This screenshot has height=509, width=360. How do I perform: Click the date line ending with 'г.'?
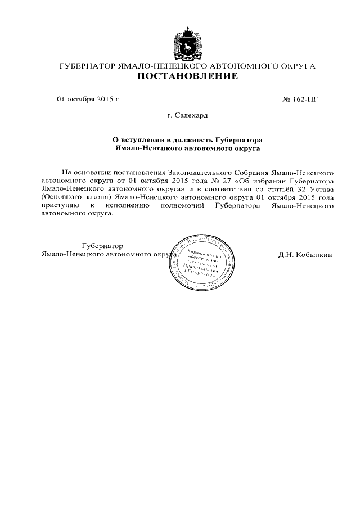pyautogui.click(x=89, y=99)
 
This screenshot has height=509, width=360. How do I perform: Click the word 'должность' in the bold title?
pyautogui.click(x=192, y=139)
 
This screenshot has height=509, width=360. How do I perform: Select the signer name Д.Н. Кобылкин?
pyautogui.click(x=305, y=255)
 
